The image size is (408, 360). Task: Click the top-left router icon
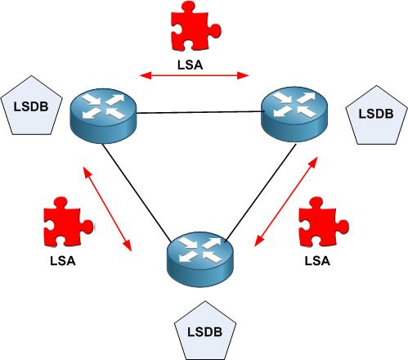pos(103,115)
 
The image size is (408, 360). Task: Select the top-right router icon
pos(294,114)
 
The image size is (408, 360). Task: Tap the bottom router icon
pos(200,259)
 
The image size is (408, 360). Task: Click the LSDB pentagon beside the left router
pos(31,105)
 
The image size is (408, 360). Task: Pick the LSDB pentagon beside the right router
pos(376,115)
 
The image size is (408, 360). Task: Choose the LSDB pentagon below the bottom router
pos(205,331)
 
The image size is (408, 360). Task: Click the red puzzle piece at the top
pos(195,26)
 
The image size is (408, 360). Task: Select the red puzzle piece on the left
pos(68,222)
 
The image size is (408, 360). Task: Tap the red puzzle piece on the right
pos(324,222)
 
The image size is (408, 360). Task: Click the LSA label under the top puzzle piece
pos(191,65)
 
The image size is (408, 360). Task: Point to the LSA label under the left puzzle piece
pos(63,261)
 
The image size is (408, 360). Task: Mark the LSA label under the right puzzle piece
pos(317,261)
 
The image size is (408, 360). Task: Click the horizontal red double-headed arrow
pos(194,75)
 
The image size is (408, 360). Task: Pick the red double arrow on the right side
pos(286,201)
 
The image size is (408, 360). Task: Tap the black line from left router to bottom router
pos(137,193)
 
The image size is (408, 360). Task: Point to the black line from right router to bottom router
pos(261,193)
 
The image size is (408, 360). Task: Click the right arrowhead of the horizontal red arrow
pos(243,75)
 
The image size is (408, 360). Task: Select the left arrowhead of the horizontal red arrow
pos(146,75)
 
